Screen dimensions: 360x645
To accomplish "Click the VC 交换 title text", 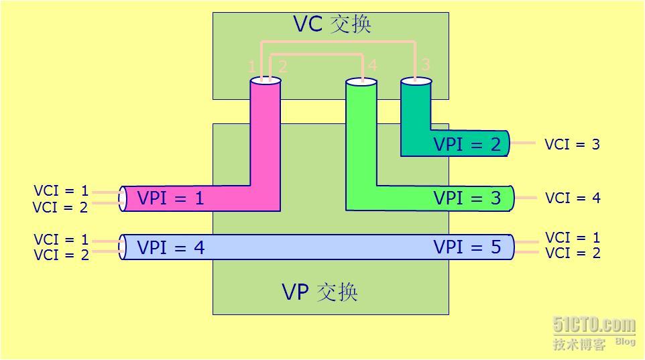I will (332, 24).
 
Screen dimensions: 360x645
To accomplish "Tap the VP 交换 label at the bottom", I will (320, 292).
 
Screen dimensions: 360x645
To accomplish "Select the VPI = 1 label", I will (170, 198).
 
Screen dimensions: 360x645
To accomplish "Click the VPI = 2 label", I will (467, 144).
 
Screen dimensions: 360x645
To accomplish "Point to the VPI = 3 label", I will (467, 198).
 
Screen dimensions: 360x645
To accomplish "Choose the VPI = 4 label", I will (170, 247).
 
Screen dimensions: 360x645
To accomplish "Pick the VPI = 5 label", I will (467, 247).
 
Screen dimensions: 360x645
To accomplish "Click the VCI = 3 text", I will (572, 144).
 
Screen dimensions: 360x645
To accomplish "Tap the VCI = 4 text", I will (573, 198).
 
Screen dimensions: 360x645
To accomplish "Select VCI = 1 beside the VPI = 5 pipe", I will (573, 238).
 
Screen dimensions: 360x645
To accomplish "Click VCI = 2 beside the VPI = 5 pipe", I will (573, 253).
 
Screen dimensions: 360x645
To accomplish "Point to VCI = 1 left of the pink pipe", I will (61, 191).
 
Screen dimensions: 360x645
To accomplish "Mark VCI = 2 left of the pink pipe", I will (61, 207).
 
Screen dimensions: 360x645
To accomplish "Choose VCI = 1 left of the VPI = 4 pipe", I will (61, 239).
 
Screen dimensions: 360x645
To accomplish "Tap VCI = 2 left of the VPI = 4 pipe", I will (61, 255).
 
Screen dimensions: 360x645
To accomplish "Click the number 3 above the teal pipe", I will (425, 64).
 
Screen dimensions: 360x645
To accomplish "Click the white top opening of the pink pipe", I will (265, 81).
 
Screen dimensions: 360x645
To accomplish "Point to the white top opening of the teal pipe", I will (416, 81).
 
